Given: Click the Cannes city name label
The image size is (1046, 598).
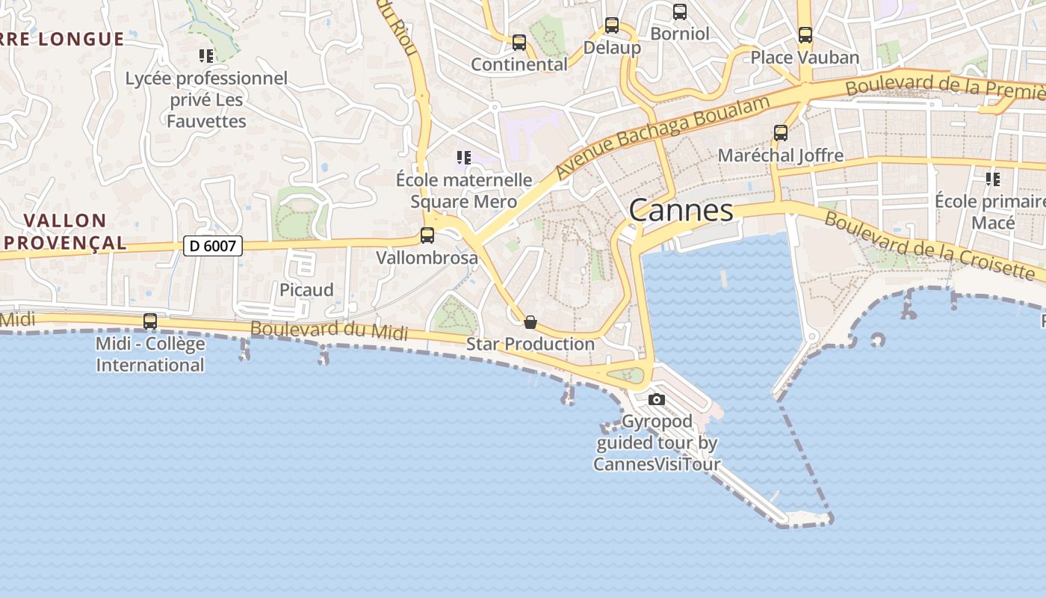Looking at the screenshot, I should click(x=681, y=210).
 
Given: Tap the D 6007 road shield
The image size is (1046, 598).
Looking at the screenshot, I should click(x=213, y=245).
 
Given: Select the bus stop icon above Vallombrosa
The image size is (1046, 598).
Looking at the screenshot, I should click(x=427, y=235).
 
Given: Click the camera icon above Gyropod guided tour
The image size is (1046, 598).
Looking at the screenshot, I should click(x=657, y=399).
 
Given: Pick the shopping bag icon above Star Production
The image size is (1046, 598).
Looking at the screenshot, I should click(x=530, y=322).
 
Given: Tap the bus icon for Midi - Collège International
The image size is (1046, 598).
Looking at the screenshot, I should click(x=150, y=321).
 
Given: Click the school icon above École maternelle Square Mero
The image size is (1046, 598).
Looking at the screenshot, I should click(x=464, y=158).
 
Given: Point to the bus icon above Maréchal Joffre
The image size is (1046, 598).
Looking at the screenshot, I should click(x=781, y=133).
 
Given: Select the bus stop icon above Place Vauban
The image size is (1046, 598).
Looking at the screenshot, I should click(x=805, y=35).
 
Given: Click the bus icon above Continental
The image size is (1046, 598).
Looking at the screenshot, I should click(x=519, y=43).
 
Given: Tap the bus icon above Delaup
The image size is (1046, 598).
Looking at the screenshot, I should click(x=612, y=25).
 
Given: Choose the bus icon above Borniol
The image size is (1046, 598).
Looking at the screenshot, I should click(x=680, y=12).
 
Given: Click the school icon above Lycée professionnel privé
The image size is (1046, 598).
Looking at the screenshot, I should click(x=206, y=55).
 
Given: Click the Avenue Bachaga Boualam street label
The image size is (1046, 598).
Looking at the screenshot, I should click(x=663, y=137).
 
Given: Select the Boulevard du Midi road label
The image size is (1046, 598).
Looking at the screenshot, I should click(x=329, y=330).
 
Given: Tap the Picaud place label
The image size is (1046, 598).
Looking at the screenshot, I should click(x=306, y=290).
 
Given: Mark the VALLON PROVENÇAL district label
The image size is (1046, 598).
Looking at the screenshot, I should click(x=64, y=232).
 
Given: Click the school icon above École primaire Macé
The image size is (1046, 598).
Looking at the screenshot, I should click(x=993, y=179).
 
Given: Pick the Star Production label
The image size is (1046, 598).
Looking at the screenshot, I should click(x=530, y=344).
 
